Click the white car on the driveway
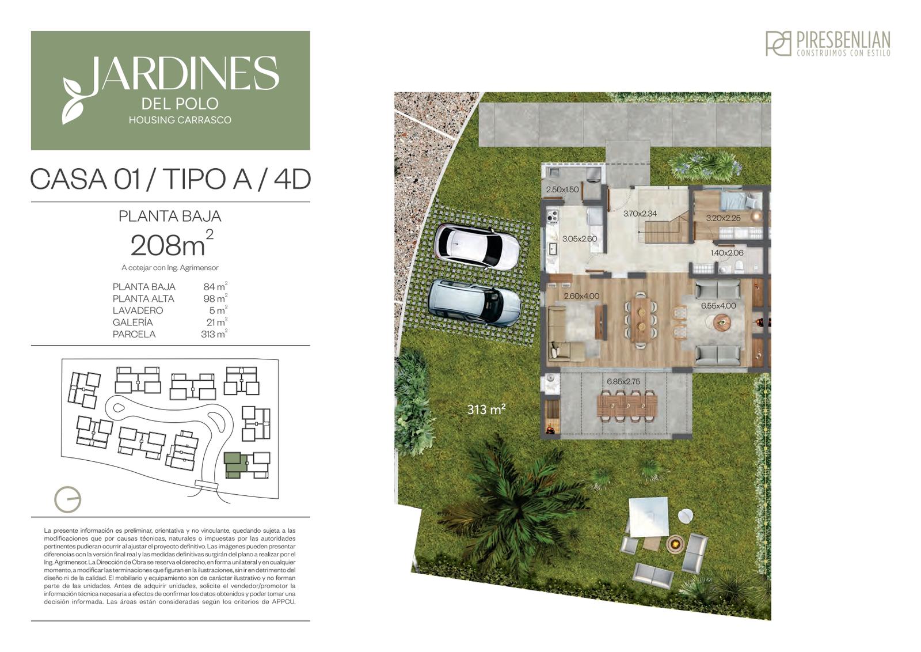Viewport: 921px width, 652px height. coord(477,246)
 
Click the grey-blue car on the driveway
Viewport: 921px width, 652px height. coord(474,303)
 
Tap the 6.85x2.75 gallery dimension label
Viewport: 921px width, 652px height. coord(623,381)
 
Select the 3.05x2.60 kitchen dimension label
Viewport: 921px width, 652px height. coord(579,238)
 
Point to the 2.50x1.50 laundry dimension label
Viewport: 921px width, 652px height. coord(562,189)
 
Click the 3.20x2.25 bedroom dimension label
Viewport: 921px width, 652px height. coord(723,218)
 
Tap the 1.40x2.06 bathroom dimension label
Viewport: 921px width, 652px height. coord(727,253)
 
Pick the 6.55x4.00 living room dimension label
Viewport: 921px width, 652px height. coord(718,306)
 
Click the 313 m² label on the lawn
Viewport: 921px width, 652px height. coord(486,410)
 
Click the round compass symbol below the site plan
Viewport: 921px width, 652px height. coord(67,499)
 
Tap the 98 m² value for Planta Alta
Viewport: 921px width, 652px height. coord(215,298)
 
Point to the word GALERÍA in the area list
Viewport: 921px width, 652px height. coord(132,322)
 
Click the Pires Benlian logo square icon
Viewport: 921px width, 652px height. coord(778,44)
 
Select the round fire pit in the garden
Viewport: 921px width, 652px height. coord(675,543)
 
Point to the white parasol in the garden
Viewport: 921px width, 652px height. coord(648,522)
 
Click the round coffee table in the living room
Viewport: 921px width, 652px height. coord(722,322)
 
